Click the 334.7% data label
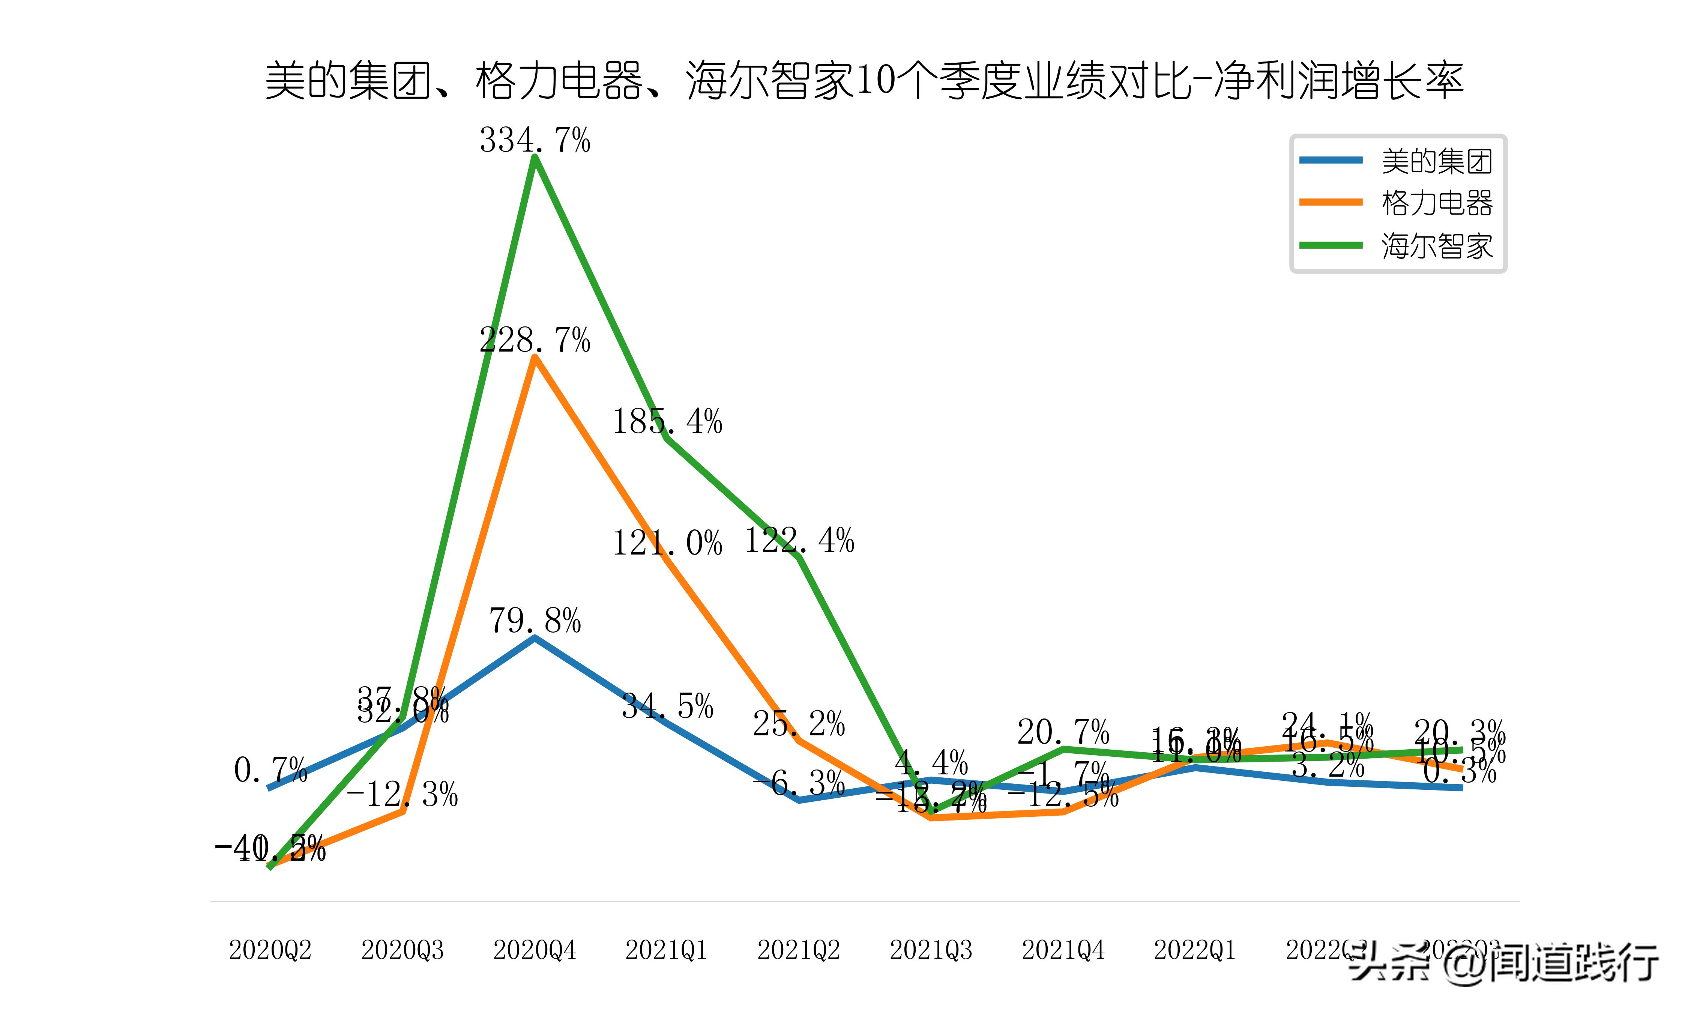pyautogui.click(x=535, y=141)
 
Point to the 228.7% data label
pyautogui.click(x=535, y=340)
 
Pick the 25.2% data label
pyautogui.click(x=799, y=724)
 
